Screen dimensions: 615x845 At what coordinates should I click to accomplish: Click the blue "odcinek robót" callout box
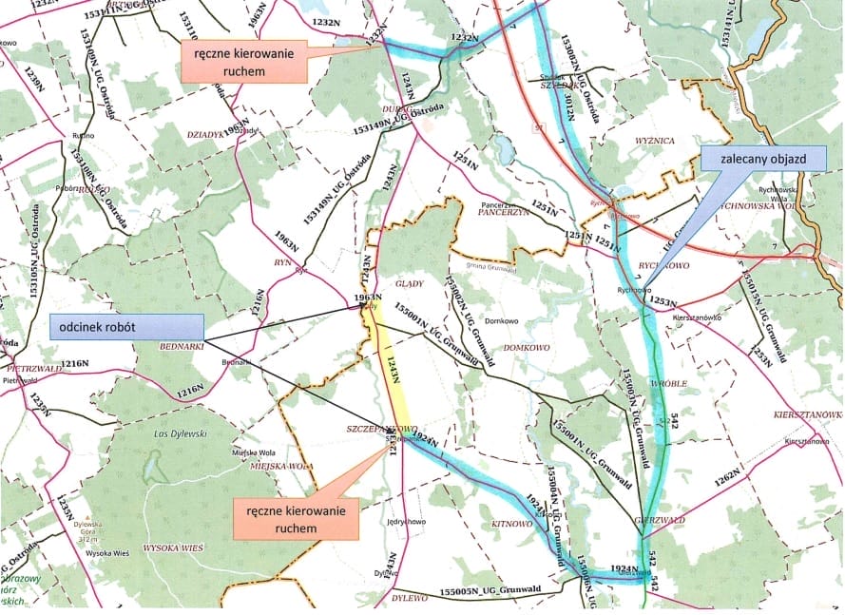(126, 326)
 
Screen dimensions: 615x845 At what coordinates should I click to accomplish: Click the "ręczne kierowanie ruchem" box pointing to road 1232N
(244, 63)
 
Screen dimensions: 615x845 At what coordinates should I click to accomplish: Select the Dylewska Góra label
(87, 526)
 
